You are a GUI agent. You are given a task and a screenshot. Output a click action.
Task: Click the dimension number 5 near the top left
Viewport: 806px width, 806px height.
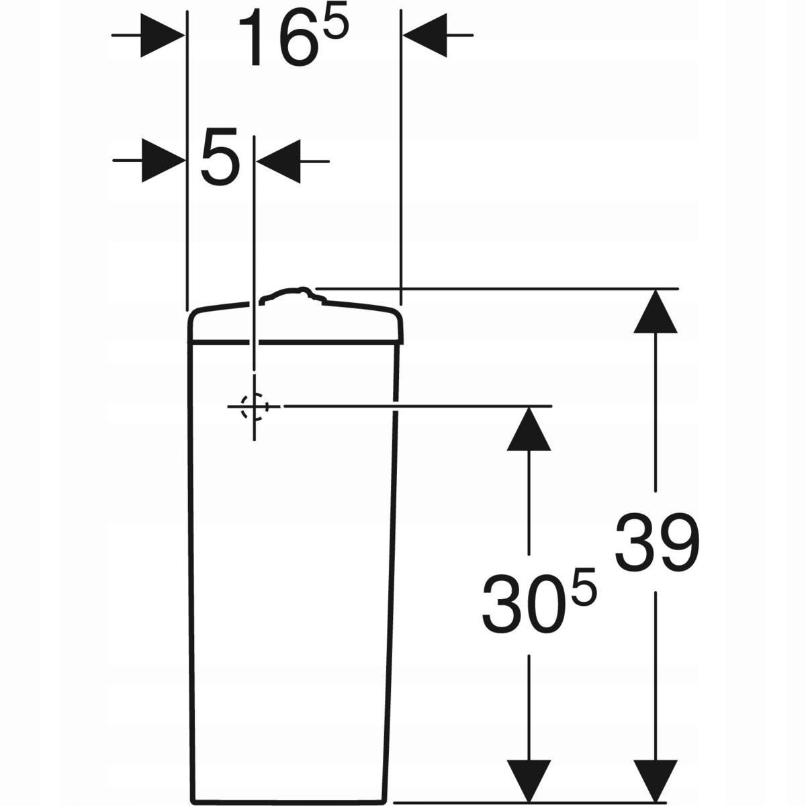pyautogui.click(x=220, y=161)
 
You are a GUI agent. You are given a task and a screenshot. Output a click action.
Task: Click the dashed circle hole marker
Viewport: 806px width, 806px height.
pyautogui.click(x=254, y=406)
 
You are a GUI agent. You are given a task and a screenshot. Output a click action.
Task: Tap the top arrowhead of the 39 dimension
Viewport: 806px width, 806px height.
pyautogui.click(x=656, y=310)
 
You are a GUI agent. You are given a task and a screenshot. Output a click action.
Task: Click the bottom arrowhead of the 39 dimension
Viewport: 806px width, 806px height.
pyautogui.click(x=656, y=780)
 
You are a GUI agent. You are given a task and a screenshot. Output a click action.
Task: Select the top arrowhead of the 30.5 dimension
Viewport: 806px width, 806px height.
pyautogui.click(x=529, y=429)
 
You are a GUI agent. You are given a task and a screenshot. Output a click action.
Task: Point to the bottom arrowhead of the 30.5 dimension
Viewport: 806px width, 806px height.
pyautogui.click(x=529, y=780)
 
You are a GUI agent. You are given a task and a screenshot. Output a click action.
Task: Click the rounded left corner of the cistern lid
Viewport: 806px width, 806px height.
pyautogui.click(x=193, y=316)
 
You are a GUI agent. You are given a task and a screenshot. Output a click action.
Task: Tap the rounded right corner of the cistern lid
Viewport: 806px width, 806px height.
pyautogui.click(x=400, y=315)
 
